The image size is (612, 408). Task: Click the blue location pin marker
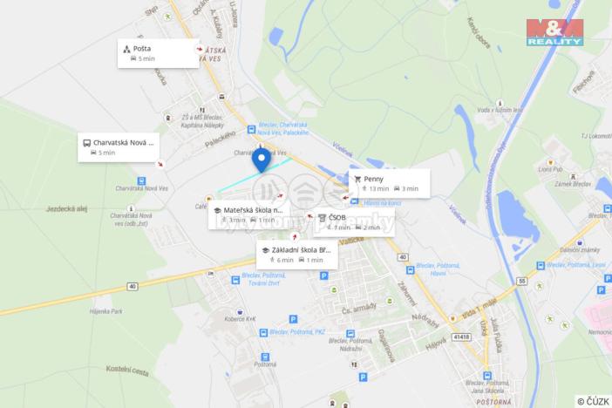(261, 160)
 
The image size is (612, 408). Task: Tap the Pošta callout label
(157, 53)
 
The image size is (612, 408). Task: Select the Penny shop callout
(389, 183)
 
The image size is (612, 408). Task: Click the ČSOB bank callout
(353, 221)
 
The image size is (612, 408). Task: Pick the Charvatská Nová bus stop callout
(118, 146)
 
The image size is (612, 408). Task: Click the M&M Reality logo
(554, 33)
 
